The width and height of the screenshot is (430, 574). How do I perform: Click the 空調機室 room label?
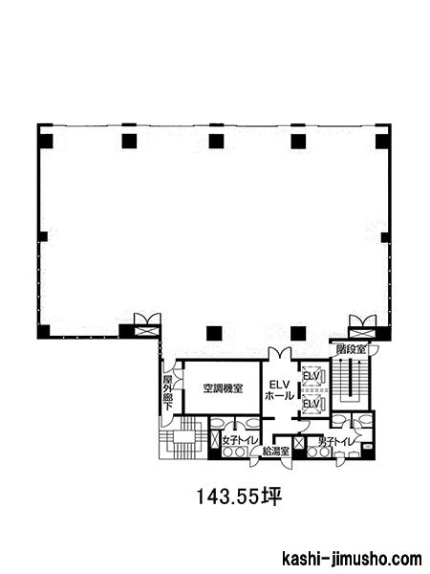[x=223, y=388]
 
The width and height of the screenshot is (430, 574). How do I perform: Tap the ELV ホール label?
[x=279, y=390]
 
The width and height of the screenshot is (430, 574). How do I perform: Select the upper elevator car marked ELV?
[x=312, y=376]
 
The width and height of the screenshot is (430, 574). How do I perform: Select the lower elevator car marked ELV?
[x=312, y=404]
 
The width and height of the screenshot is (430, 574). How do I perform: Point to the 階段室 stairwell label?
[x=351, y=349]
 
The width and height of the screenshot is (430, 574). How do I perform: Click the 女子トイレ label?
[x=240, y=441]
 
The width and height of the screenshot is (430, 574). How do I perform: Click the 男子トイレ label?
[x=336, y=442]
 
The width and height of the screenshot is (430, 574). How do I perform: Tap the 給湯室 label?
[x=276, y=452]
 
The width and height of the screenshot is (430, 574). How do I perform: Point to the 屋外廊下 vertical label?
[x=168, y=392]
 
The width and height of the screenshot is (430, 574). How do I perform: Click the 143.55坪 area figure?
[x=240, y=497]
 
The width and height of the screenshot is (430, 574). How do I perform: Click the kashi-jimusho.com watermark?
[x=352, y=560]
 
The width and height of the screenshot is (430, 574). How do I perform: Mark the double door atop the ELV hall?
[x=280, y=353]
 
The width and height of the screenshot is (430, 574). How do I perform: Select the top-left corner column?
[x=46, y=141]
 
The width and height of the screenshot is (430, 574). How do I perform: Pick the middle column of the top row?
[x=216, y=142]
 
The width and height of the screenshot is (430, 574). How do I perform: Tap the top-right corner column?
[x=382, y=142]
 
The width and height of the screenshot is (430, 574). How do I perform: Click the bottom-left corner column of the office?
[x=44, y=331]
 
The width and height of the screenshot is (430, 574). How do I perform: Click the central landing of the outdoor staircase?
[x=185, y=437]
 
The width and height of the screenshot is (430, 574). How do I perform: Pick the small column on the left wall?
[x=43, y=236]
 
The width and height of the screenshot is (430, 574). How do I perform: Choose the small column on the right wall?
[x=385, y=237]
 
